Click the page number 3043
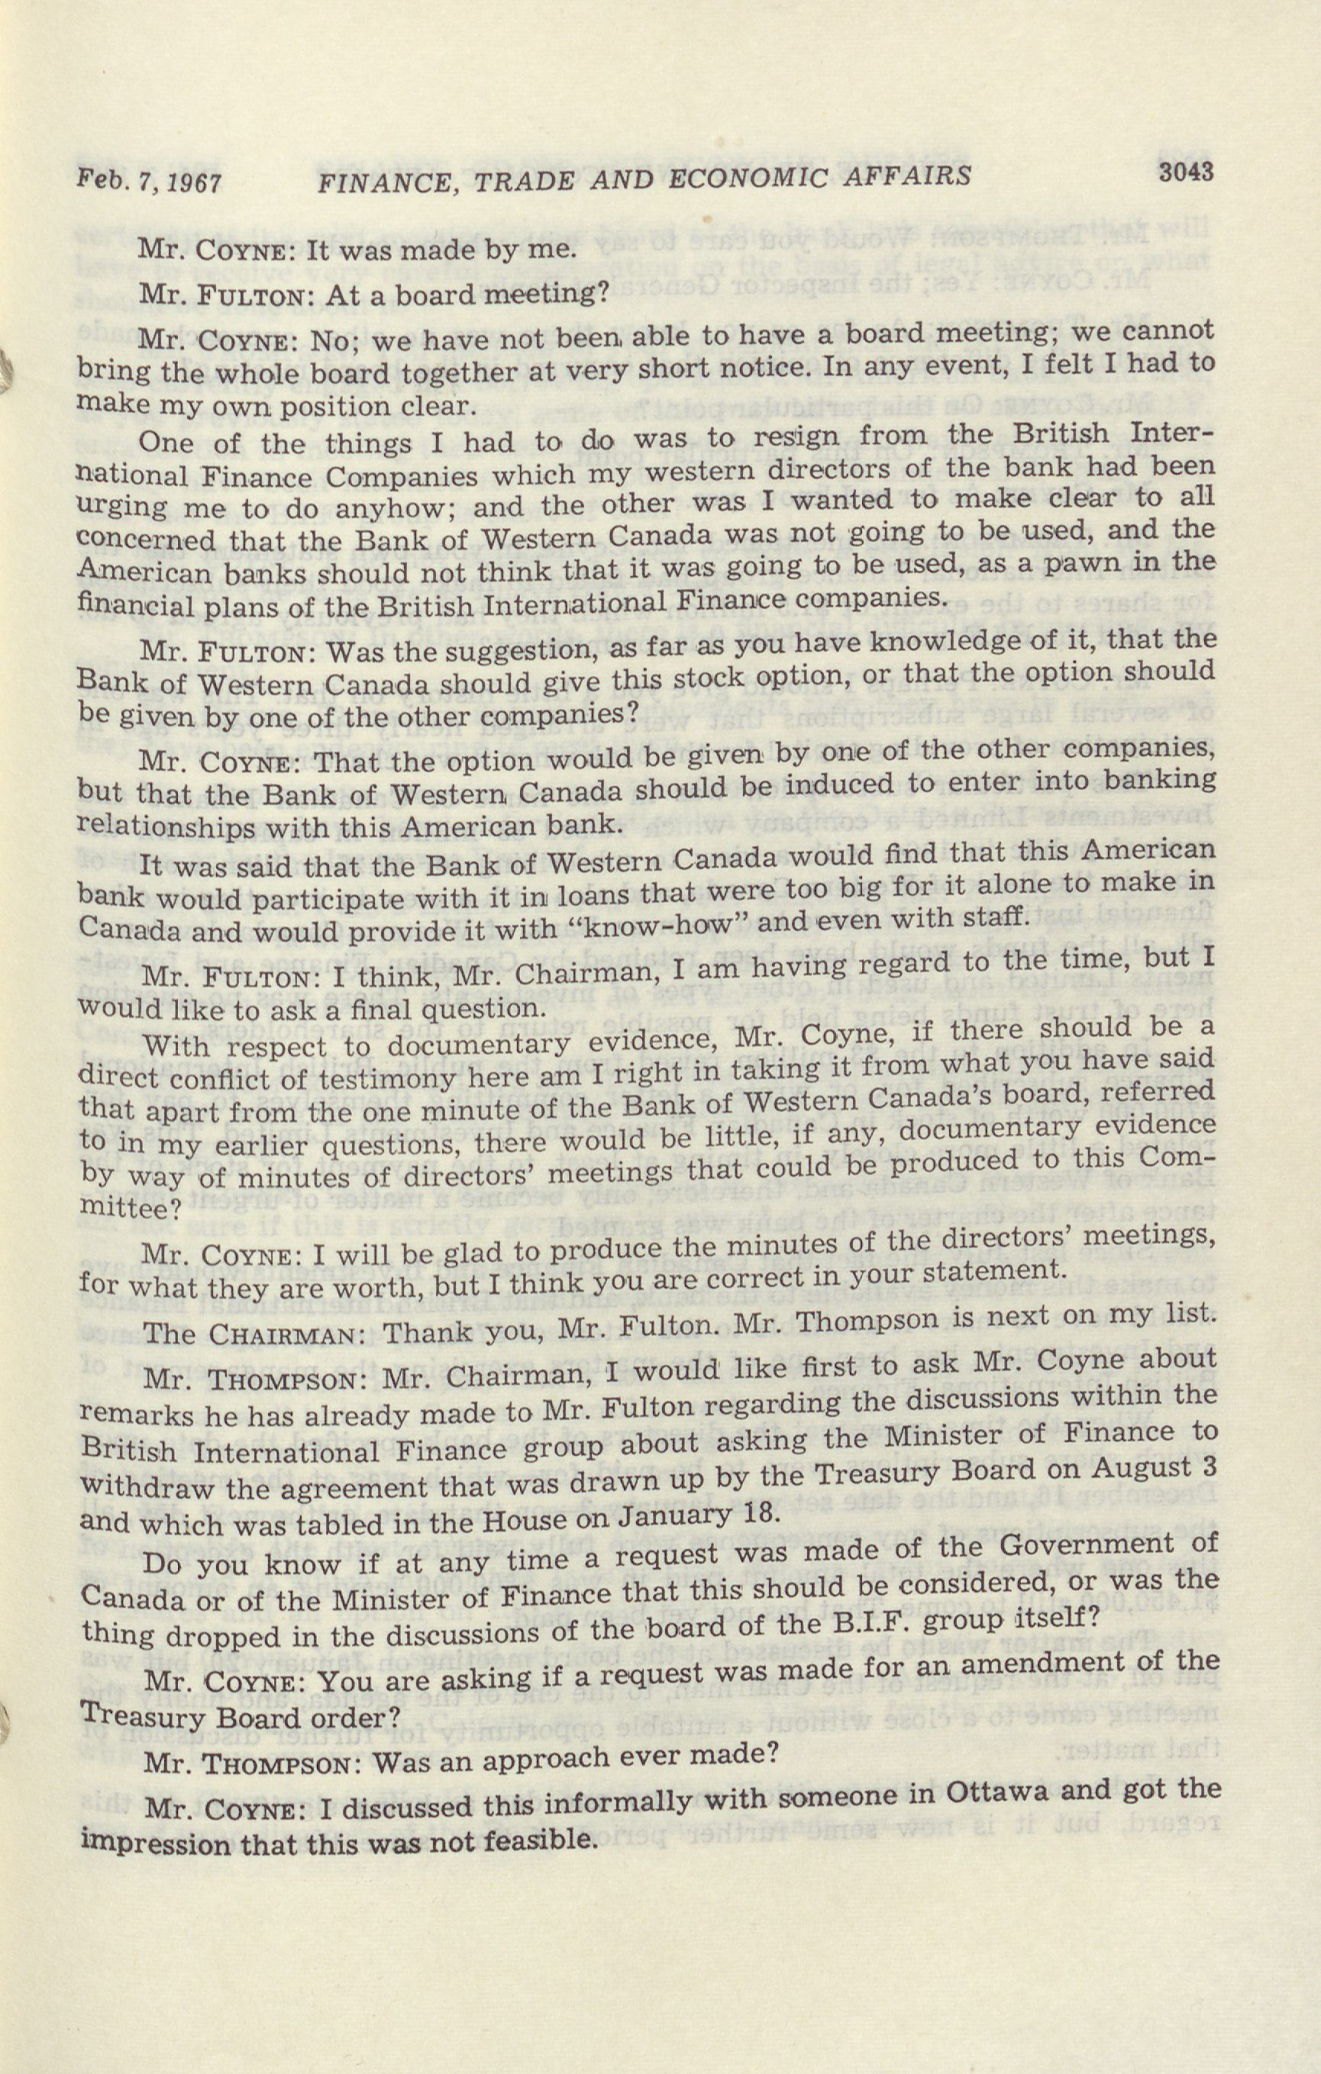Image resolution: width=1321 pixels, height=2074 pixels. point(1186,172)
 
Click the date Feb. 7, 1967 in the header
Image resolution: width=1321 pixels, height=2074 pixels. point(149,182)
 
